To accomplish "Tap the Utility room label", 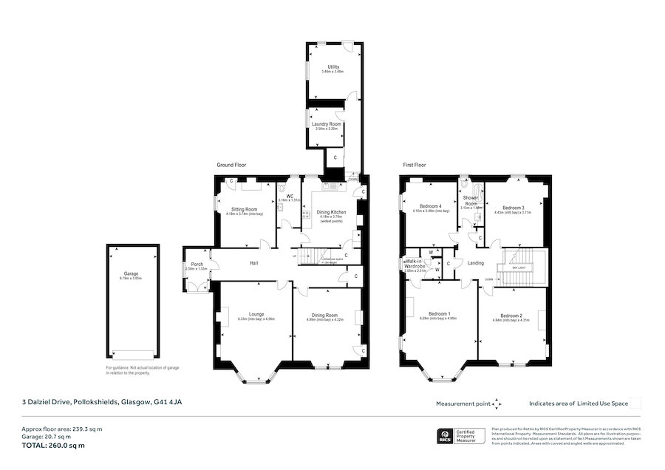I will (x=333, y=67).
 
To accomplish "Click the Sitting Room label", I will (x=244, y=209).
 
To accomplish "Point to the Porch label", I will (x=197, y=265).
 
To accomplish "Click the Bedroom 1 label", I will (x=438, y=314).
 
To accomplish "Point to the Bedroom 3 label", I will (x=513, y=208).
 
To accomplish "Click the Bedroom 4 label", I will (x=430, y=206).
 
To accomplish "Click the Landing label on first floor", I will (x=476, y=262).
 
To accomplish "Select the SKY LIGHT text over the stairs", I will (x=523, y=268).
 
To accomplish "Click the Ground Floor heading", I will (x=231, y=165).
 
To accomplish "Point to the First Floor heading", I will (x=415, y=165).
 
